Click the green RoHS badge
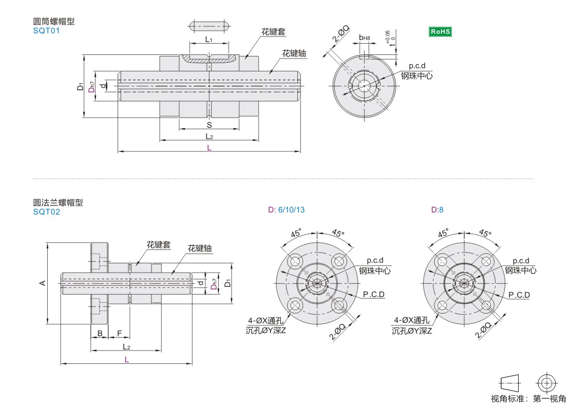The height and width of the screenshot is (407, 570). (x=440, y=31)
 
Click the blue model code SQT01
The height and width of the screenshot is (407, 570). (x=46, y=31)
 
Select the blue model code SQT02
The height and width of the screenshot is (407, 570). (x=46, y=211)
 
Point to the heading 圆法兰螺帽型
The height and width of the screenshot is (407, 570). (x=58, y=202)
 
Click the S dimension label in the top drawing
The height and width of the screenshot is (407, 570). (x=209, y=125)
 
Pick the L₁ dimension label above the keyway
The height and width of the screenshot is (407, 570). (x=208, y=40)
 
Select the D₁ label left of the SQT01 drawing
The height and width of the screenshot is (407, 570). (x=81, y=86)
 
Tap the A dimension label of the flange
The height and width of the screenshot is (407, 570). (x=43, y=283)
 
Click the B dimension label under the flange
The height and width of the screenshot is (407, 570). (x=100, y=334)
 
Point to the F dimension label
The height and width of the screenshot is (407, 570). (x=119, y=334)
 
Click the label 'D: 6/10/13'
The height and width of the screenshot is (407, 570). (x=286, y=210)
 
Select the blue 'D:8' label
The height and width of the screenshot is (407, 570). (x=437, y=210)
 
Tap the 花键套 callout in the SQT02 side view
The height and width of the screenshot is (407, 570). (x=158, y=245)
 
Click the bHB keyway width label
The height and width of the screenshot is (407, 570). (x=364, y=37)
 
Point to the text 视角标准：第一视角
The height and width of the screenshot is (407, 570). (x=528, y=399)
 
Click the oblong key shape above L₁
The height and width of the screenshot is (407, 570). (x=209, y=26)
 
